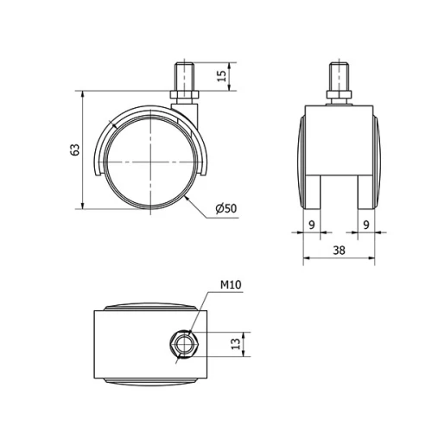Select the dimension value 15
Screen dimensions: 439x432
[x=222, y=78]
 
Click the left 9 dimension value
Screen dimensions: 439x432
[x=311, y=223]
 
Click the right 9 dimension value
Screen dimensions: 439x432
[x=366, y=223]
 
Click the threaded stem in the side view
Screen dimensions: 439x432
[x=186, y=73]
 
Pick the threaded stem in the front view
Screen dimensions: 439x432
[x=339, y=73]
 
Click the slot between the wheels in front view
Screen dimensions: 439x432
[x=339, y=190]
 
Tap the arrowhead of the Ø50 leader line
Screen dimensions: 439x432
[x=187, y=198]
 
